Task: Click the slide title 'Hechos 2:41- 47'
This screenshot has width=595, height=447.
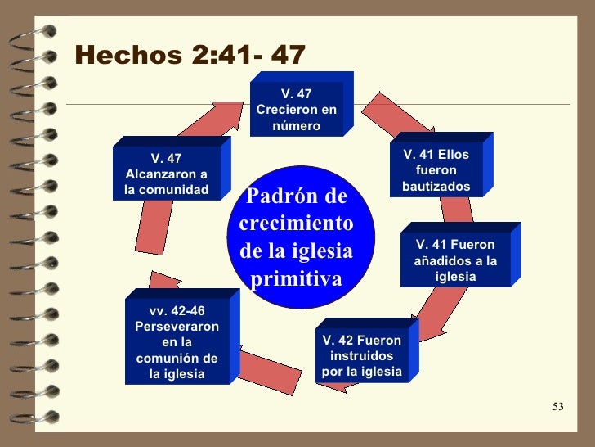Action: [x=190, y=55]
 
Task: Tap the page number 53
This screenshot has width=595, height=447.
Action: [x=559, y=407]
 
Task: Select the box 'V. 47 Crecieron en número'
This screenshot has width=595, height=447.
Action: [x=296, y=110]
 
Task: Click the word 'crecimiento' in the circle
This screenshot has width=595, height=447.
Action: [x=296, y=224]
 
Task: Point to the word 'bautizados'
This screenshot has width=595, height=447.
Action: [x=436, y=187]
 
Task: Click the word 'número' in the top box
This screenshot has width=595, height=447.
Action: [x=296, y=126]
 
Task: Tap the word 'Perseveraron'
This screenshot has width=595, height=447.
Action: [x=177, y=326]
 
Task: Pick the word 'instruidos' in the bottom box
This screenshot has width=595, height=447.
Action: [x=362, y=356]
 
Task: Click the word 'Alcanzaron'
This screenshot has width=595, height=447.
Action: [x=167, y=175]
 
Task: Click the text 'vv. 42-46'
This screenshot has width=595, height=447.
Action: [x=177, y=310]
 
